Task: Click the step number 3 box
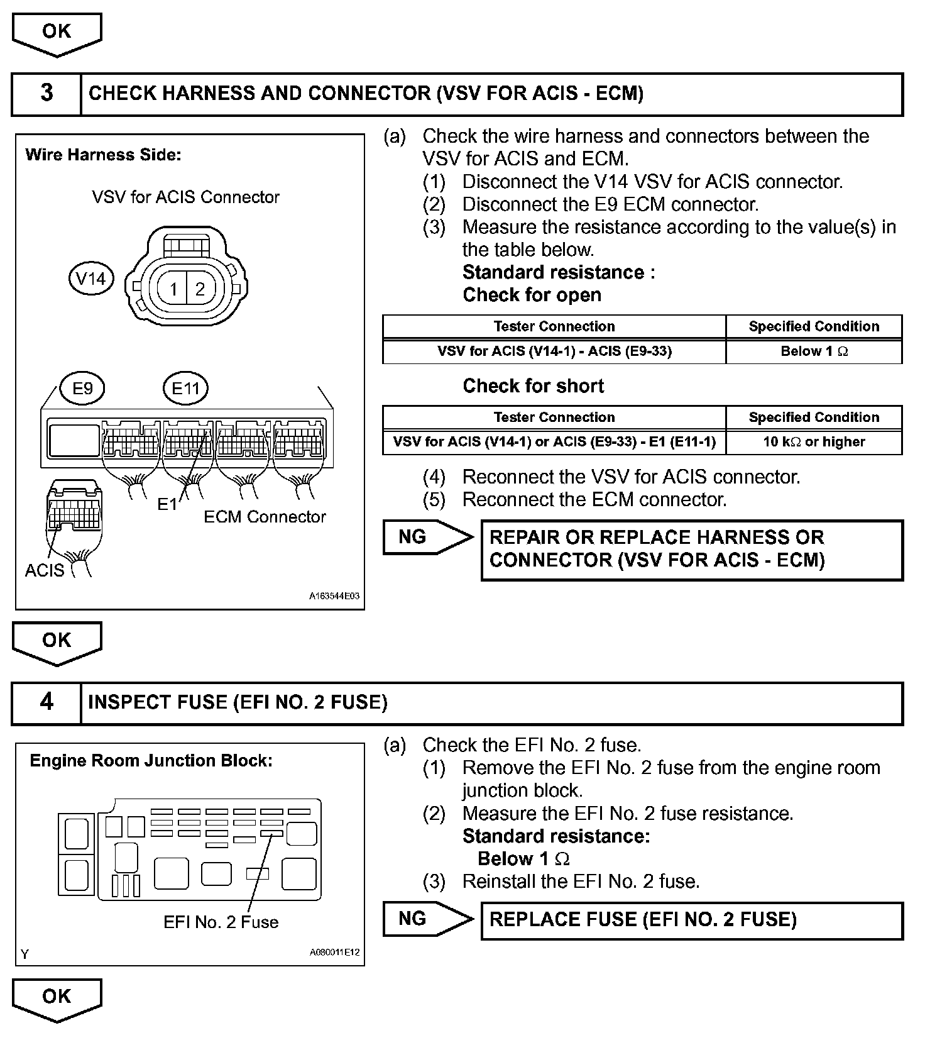pos(47,94)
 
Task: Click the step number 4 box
pos(47,702)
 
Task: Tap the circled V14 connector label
pos(91,279)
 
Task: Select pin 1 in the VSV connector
pos(174,289)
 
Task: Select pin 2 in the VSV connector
pos(200,289)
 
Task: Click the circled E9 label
pos(82,388)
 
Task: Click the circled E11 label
pos(185,388)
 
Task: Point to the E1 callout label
pos(167,504)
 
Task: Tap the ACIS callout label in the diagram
pos(45,570)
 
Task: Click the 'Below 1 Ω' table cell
pos(814,351)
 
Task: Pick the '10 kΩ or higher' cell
pos(814,442)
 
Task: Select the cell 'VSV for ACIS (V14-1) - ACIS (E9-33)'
pos(554,351)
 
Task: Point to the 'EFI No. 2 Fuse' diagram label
pos(221,922)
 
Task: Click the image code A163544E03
pos(334,596)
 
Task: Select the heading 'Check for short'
pos(533,386)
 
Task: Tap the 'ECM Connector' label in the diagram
pos(265,517)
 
